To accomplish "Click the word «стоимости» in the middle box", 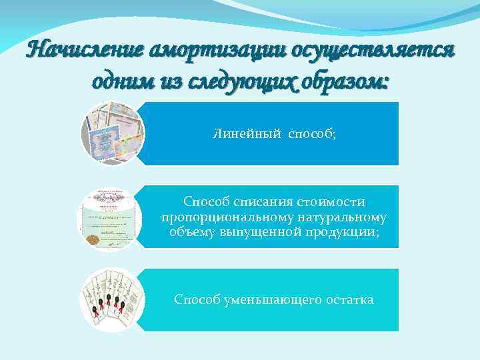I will [335, 202].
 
